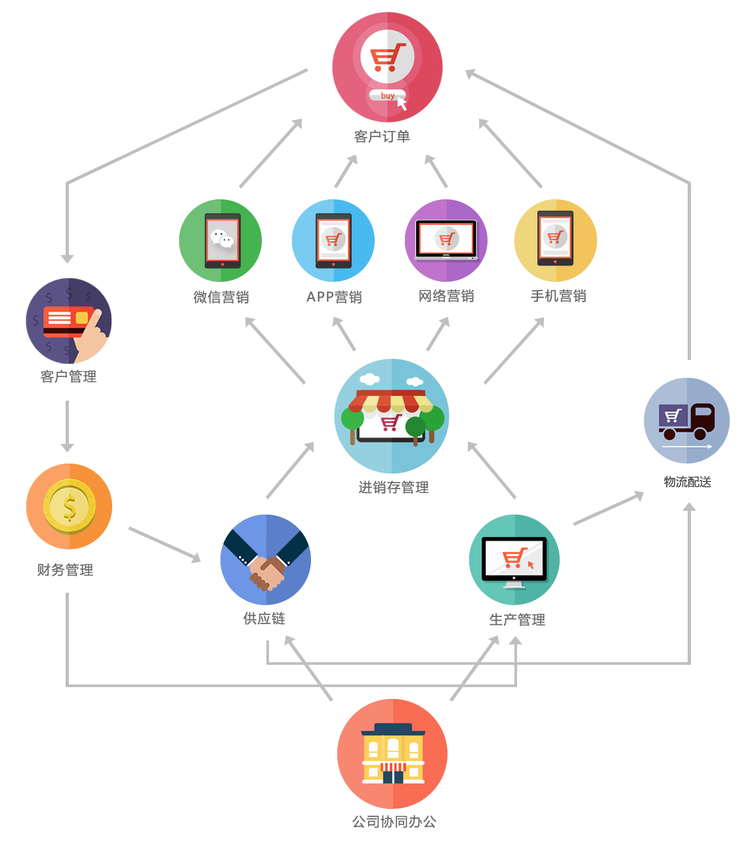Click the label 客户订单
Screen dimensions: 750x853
(381, 136)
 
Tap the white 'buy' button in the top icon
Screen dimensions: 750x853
(386, 95)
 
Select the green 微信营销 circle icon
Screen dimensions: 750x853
(220, 240)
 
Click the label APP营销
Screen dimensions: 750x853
(334, 297)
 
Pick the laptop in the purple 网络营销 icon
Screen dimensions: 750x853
(446, 240)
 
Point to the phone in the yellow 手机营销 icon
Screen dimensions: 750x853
(555, 238)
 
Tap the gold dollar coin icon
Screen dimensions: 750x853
(69, 506)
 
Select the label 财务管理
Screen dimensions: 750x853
(65, 570)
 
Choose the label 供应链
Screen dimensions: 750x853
(264, 618)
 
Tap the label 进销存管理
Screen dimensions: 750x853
(394, 487)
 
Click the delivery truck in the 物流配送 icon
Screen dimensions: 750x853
(686, 422)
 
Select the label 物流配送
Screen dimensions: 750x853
(687, 481)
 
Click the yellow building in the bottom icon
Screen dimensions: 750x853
(392, 753)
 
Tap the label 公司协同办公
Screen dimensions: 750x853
(394, 821)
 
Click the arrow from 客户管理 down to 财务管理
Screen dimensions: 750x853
(67, 426)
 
